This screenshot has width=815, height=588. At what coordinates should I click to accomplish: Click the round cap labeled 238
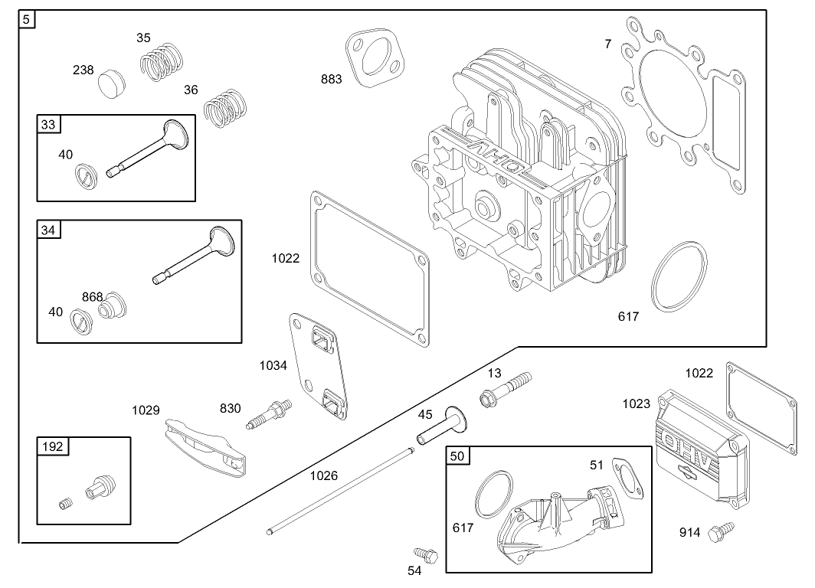pos(113,82)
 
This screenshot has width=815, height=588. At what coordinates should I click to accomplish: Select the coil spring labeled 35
pos(162,60)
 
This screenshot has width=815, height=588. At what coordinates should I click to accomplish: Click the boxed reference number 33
pos(47,125)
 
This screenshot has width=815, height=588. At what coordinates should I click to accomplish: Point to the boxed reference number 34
pos(47,230)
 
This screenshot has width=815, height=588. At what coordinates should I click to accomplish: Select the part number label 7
pos(608,44)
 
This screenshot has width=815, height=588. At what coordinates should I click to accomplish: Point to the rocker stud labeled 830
pos(269,413)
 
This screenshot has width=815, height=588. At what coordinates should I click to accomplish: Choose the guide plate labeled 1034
pos(318,367)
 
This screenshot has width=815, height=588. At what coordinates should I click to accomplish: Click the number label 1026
pos(323,475)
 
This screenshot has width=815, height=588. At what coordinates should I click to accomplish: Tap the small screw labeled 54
pos(423,552)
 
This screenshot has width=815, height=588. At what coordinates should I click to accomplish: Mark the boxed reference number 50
pos(457,456)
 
